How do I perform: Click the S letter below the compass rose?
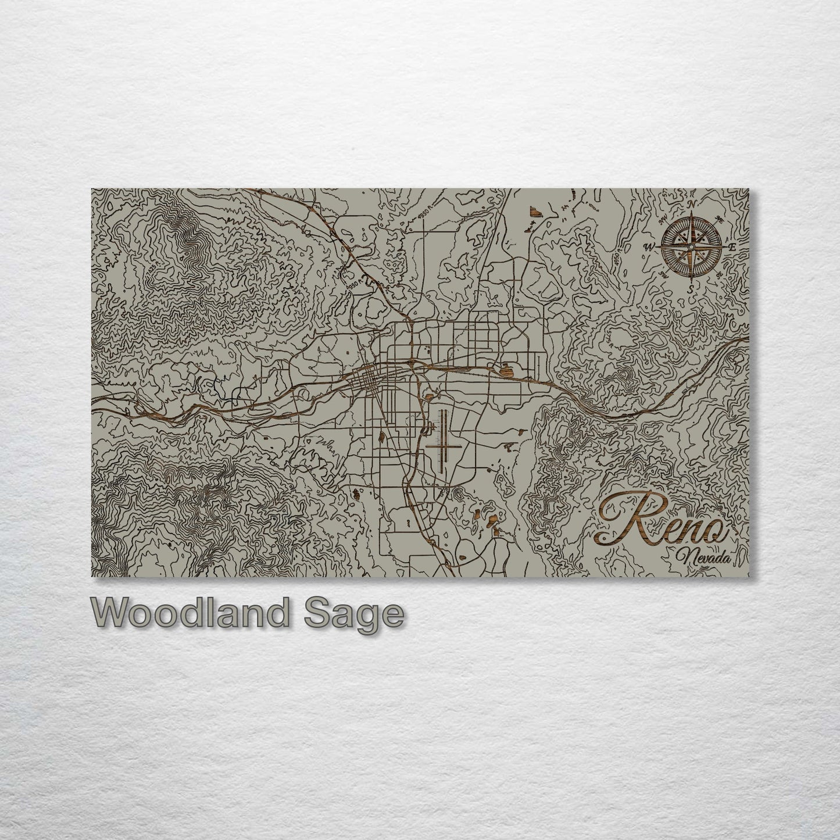pyautogui.click(x=689, y=288)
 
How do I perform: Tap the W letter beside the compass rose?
pyautogui.click(x=647, y=246)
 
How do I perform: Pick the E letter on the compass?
pyautogui.click(x=732, y=247)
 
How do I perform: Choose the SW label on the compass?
pyautogui.click(x=663, y=274)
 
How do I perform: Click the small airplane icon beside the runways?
pyautogui.click(x=429, y=428)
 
